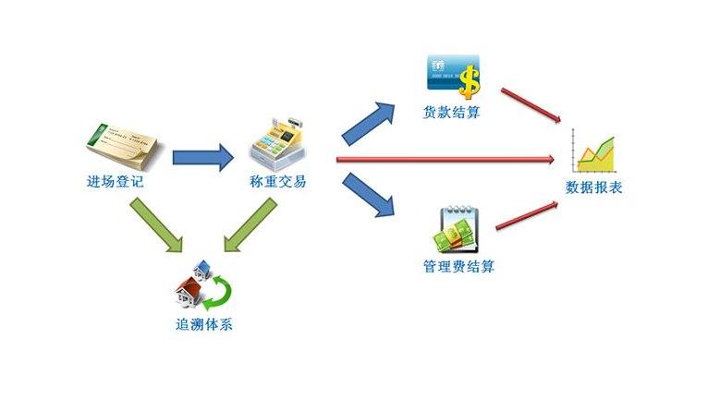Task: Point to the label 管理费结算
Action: tap(459, 267)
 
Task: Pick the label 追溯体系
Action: tap(204, 324)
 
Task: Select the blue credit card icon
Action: tap(446, 72)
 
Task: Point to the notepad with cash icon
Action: tap(457, 231)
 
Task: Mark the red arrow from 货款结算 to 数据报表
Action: tap(531, 104)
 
